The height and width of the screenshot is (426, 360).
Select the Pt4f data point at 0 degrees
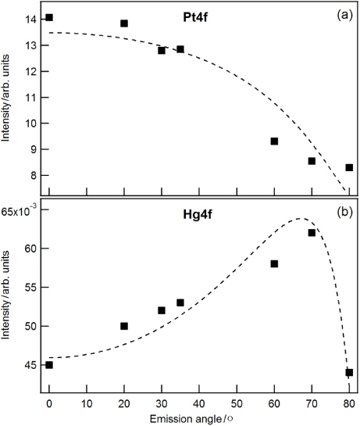tap(49, 17)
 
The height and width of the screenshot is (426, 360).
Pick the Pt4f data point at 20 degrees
tap(124, 23)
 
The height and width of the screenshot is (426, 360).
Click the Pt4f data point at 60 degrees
tap(274, 141)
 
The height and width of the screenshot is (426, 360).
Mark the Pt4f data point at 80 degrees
tap(349, 167)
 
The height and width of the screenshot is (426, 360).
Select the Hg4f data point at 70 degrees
tap(312, 233)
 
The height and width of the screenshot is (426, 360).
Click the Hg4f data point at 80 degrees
tap(349, 373)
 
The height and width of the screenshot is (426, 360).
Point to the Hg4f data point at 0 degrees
tap(49, 365)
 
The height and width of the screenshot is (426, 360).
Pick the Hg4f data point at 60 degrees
tap(274, 263)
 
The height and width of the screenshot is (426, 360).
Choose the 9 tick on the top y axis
tap(34, 149)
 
